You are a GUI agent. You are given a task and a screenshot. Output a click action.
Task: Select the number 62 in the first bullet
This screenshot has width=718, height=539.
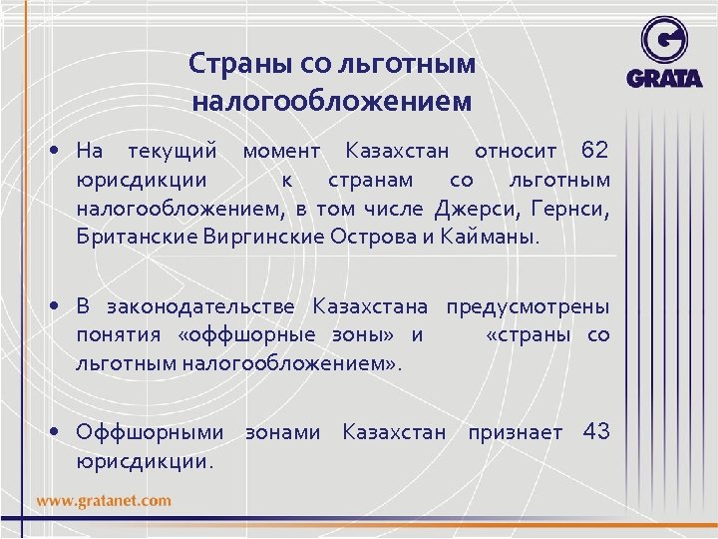coord(594,152)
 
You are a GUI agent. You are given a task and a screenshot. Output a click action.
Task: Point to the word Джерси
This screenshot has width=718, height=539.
coord(470,209)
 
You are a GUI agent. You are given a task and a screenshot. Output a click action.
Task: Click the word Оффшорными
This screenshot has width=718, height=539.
coord(151,432)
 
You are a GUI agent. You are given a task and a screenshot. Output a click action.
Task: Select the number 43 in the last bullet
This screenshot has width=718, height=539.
coord(595,432)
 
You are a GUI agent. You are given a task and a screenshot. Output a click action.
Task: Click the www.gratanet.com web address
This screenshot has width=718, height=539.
coord(105,500)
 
